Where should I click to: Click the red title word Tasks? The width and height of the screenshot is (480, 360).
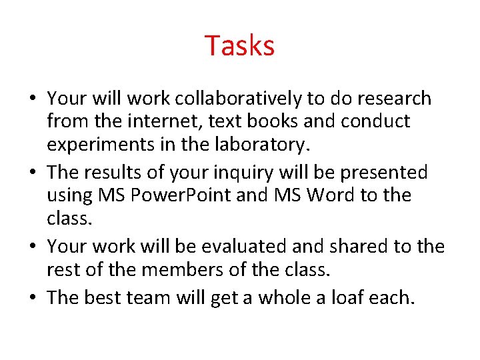tap(239, 46)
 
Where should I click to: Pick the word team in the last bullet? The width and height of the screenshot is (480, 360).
tap(147, 297)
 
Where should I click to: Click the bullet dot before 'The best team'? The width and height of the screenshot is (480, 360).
tap(32, 297)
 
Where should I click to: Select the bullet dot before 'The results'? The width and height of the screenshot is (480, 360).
tap(32, 173)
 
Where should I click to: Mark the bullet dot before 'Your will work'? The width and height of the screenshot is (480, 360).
tap(32, 99)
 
